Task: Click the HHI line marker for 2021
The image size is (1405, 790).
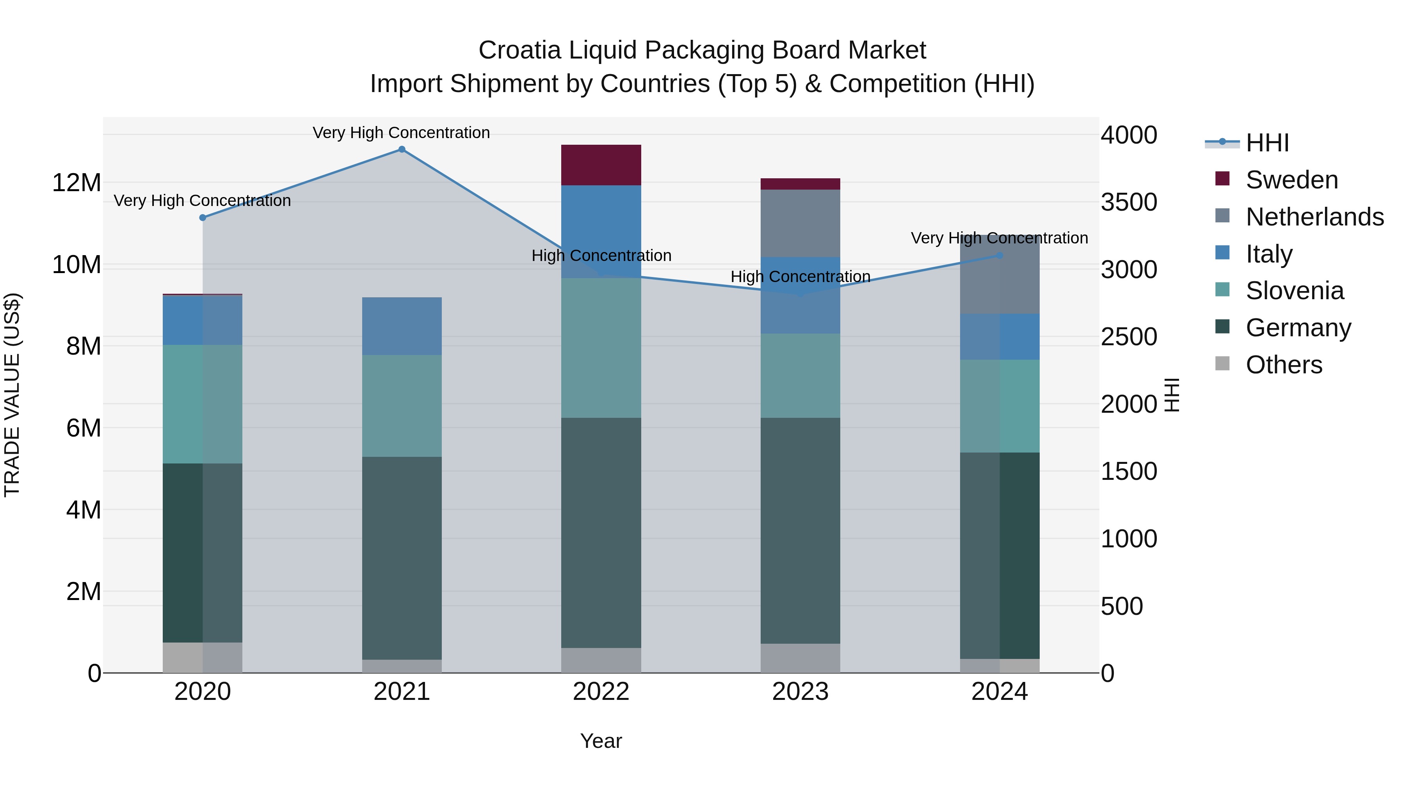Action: point(402,149)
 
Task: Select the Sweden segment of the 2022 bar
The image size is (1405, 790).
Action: point(601,165)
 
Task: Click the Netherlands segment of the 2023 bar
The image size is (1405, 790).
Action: point(800,224)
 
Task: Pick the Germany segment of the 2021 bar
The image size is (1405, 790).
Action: point(402,558)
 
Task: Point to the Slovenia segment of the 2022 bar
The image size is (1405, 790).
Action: point(601,348)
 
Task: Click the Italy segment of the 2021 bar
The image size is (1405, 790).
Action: point(402,326)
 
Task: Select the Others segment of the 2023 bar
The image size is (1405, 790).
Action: point(800,658)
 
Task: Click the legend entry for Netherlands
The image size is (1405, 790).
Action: point(1314,217)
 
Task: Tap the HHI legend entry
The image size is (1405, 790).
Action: point(1267,143)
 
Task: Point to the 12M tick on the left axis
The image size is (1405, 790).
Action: point(76,183)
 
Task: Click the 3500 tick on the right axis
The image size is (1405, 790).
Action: point(1128,202)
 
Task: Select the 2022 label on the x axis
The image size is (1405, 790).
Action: point(601,692)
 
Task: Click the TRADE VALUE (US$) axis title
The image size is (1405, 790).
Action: point(12,395)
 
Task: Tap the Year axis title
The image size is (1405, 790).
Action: point(601,741)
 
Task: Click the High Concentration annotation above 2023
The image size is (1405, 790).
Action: point(800,277)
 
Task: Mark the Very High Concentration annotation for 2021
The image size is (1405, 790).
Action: point(402,133)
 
